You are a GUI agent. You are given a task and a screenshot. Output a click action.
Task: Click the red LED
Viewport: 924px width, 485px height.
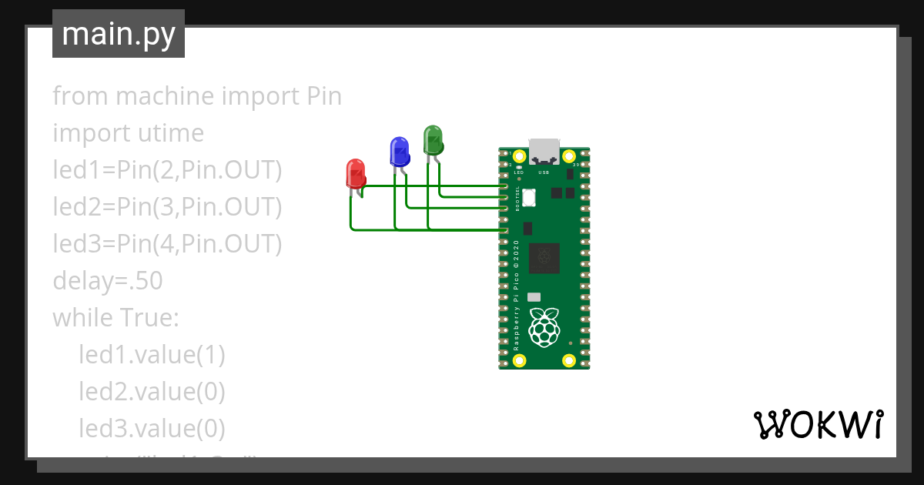[x=355, y=173]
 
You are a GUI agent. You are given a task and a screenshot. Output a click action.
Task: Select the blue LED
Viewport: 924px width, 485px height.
[x=399, y=151]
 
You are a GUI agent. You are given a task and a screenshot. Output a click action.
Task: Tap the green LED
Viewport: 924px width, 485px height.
[x=433, y=139]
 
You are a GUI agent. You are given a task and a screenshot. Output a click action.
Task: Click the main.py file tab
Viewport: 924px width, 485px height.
[x=119, y=34]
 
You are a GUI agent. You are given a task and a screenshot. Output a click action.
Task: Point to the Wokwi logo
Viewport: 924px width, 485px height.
[x=818, y=424]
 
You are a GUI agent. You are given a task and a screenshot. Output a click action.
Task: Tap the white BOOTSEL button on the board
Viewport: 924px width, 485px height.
[x=529, y=198]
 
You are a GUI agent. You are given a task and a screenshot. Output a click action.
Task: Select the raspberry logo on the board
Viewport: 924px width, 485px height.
[x=545, y=326]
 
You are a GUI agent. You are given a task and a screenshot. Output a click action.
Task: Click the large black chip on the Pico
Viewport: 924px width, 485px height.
[x=544, y=259]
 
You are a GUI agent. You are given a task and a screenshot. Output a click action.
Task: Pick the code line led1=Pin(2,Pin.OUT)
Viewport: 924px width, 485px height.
[x=167, y=170]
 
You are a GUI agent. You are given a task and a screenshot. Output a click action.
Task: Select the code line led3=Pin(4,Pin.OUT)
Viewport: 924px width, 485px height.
[x=167, y=244]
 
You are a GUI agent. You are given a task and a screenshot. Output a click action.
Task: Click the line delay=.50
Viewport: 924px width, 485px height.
[x=108, y=281]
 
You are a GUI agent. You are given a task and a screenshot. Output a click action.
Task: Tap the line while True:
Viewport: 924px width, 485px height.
[x=115, y=317]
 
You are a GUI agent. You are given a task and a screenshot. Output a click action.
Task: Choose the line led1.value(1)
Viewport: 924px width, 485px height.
[x=152, y=354]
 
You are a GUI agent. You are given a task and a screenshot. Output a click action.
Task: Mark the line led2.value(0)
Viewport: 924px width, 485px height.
[x=152, y=391]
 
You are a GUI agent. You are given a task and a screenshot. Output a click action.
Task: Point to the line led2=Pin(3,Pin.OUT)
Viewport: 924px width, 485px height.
[x=167, y=207]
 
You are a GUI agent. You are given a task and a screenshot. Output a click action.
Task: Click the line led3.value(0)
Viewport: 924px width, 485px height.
[x=152, y=428]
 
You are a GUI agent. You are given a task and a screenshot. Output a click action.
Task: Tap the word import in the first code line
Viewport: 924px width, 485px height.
[x=260, y=96]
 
